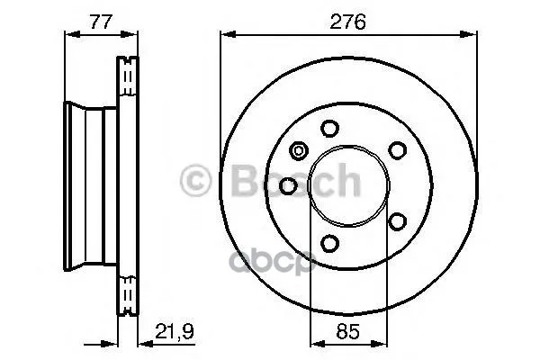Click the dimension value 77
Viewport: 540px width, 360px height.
pyautogui.click(x=101, y=22)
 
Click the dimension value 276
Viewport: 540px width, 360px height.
pyautogui.click(x=347, y=22)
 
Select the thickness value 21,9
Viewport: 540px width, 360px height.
pyautogui.click(x=175, y=331)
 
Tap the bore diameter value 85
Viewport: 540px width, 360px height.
pyautogui.click(x=348, y=331)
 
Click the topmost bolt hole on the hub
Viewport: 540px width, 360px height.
pyautogui.click(x=329, y=129)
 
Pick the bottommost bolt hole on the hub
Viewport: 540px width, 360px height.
pyautogui.click(x=329, y=243)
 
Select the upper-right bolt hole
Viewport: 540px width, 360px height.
pyautogui.click(x=397, y=150)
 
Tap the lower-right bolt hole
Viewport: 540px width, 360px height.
pyautogui.click(x=397, y=221)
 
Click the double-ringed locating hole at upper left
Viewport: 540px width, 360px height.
pyautogui.click(x=299, y=151)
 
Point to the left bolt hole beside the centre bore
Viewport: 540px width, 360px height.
pyautogui.click(x=288, y=186)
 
